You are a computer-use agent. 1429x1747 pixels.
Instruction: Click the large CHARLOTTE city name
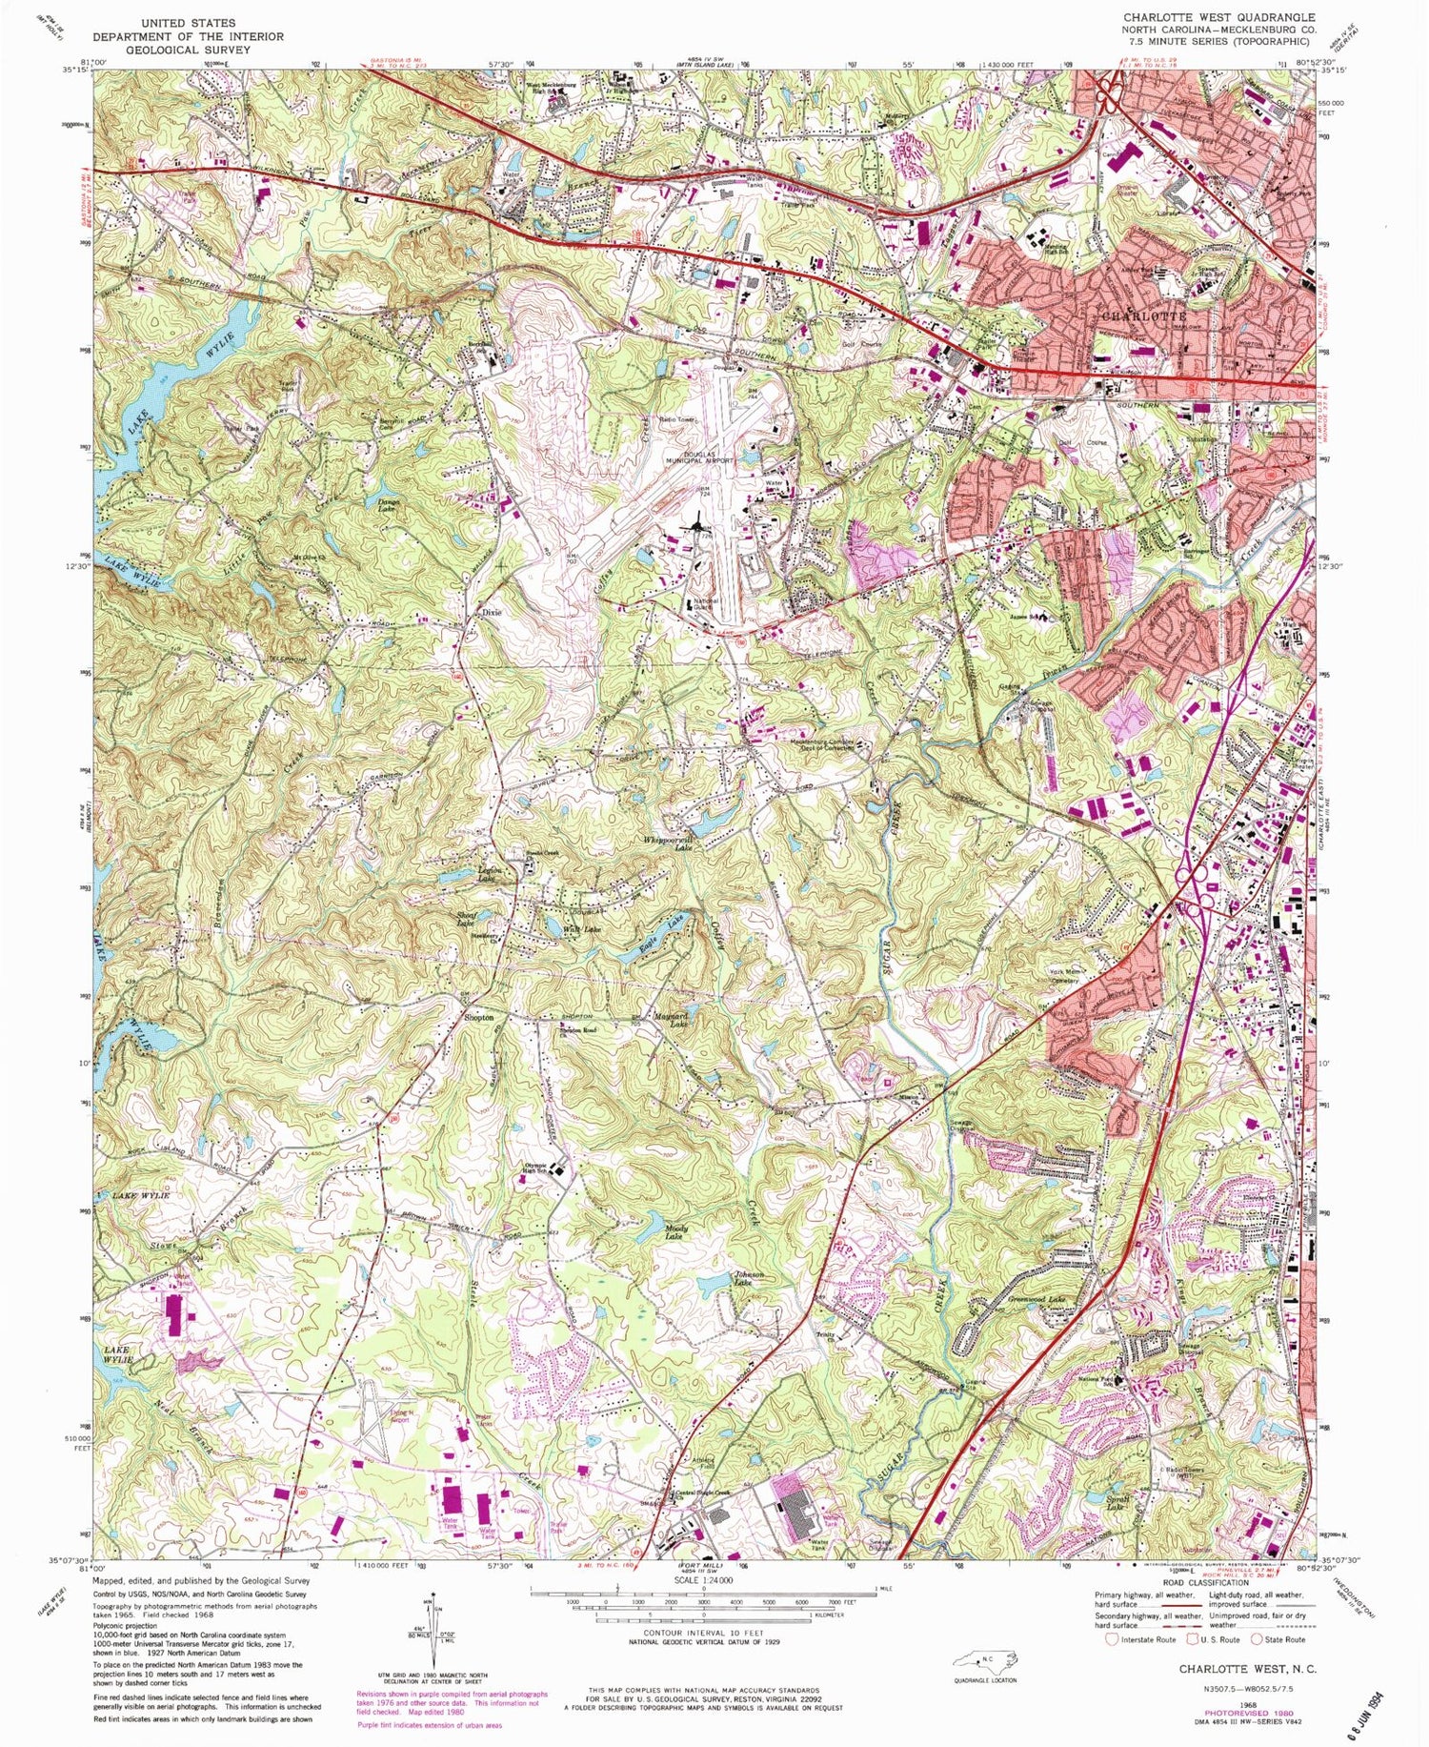pyautogui.click(x=1143, y=315)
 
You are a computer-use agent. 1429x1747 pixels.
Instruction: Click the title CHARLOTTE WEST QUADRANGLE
pyautogui.click(x=1218, y=17)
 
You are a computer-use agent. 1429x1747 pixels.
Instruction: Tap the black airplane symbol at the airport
pyautogui.click(x=698, y=522)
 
